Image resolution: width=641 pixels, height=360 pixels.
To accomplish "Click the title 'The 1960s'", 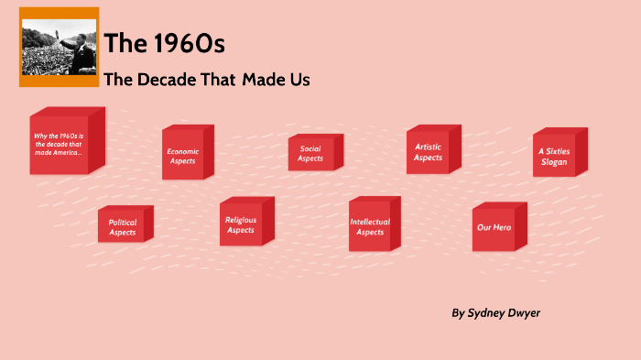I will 165,44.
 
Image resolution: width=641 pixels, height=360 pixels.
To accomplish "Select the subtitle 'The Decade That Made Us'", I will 207,80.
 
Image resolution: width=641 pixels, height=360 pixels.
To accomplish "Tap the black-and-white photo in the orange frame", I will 59,47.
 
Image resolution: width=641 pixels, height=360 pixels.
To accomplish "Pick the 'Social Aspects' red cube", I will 310,153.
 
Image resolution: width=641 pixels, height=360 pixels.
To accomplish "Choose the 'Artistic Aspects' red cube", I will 428,152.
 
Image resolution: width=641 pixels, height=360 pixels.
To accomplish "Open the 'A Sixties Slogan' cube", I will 553,156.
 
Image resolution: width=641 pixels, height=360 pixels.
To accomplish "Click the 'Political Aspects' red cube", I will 122,226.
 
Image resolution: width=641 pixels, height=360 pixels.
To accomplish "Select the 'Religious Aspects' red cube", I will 241,224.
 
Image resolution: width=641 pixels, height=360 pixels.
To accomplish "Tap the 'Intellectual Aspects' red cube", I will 370,226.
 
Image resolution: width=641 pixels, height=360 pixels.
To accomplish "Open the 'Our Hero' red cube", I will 494,226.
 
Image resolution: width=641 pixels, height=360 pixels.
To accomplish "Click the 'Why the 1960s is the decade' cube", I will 59,144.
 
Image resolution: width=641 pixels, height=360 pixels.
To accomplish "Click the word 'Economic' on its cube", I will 183,151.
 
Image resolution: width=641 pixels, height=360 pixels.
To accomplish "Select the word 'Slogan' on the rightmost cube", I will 553,162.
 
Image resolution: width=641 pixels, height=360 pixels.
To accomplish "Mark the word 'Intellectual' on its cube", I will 370,222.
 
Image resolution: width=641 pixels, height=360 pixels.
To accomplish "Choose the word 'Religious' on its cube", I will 241,220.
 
